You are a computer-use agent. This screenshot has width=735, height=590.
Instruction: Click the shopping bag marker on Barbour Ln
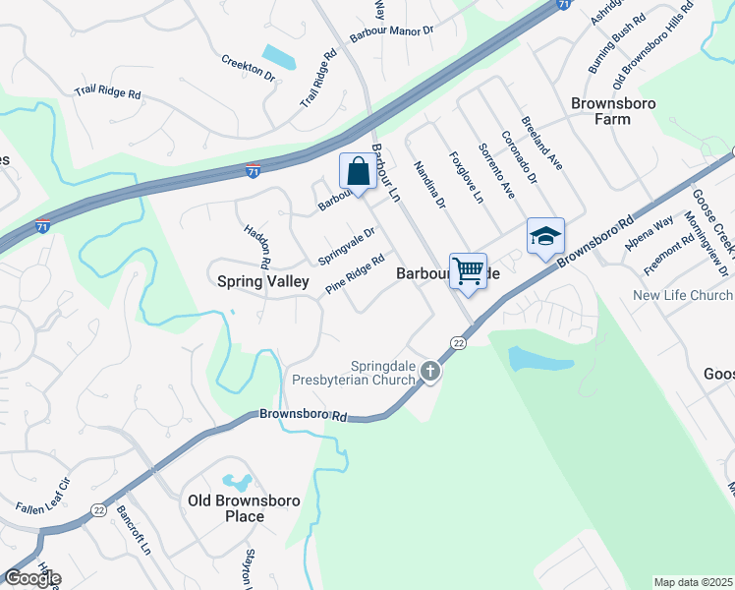(x=359, y=171)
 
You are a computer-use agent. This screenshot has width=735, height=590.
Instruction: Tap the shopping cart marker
(x=469, y=270)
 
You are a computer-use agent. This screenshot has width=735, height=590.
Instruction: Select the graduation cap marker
(x=545, y=236)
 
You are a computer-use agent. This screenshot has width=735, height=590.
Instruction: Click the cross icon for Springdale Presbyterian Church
(x=429, y=371)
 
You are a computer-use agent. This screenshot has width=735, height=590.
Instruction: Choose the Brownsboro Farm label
(x=600, y=110)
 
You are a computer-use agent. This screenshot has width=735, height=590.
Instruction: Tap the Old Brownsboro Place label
(x=241, y=507)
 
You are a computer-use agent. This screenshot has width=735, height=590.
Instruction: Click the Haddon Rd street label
(x=257, y=246)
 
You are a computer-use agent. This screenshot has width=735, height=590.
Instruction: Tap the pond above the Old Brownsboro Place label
(x=236, y=483)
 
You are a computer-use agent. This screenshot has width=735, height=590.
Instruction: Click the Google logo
(x=31, y=577)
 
